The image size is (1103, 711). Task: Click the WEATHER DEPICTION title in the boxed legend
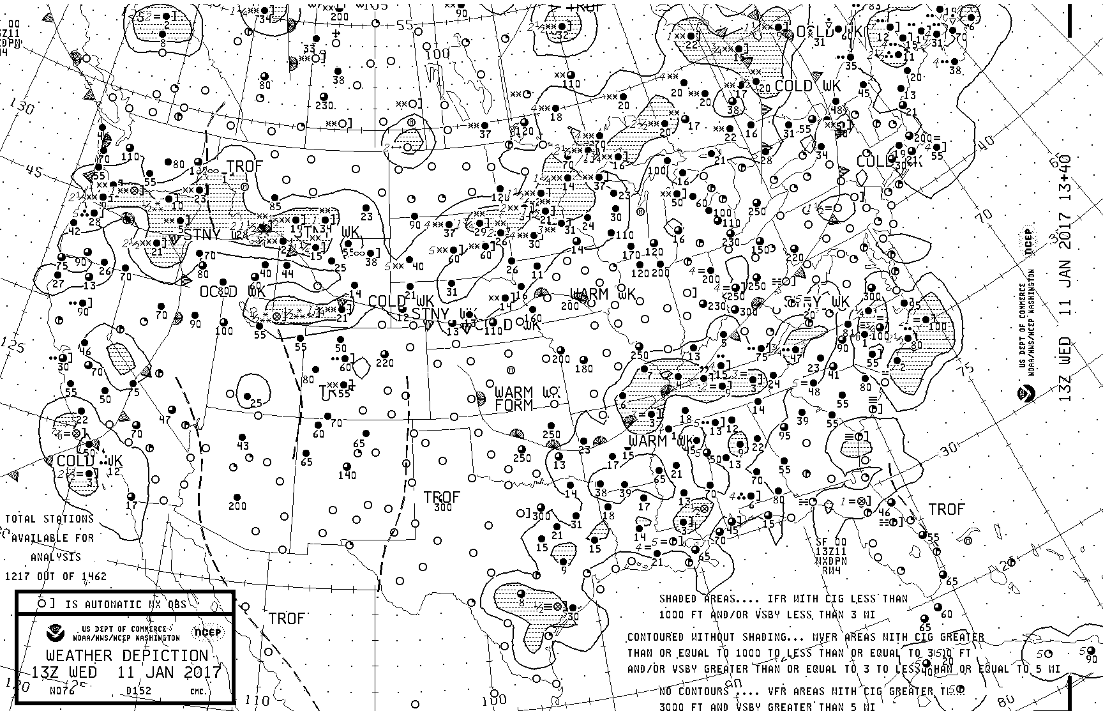click(x=126, y=656)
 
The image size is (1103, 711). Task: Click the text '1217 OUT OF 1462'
click(x=56, y=576)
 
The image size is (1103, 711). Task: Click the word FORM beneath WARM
click(x=514, y=405)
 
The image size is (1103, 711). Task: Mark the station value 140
click(x=347, y=475)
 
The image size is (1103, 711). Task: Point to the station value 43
click(x=243, y=446)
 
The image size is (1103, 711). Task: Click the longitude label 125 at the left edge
click(x=14, y=346)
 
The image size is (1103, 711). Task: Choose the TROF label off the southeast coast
click(x=947, y=509)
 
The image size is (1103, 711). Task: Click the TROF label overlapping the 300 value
click(x=442, y=498)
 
